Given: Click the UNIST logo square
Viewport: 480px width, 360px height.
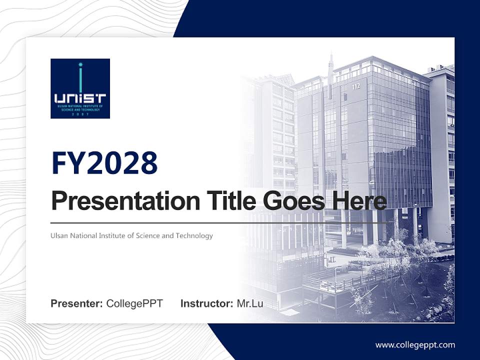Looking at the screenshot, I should pos(80,88).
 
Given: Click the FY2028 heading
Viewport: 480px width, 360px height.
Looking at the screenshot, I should pos(104,163).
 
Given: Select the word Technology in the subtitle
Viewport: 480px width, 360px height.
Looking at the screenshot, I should pos(194,235).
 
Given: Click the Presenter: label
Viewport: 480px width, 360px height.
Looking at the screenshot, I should pos(77,303).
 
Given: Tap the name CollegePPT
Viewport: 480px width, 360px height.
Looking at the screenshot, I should pos(134,303).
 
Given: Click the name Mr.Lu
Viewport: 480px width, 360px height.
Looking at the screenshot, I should pos(250,303).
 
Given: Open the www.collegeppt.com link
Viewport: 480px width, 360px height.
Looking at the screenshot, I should pos(415,344).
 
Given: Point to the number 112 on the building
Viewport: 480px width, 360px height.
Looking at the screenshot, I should pos(356,86).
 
